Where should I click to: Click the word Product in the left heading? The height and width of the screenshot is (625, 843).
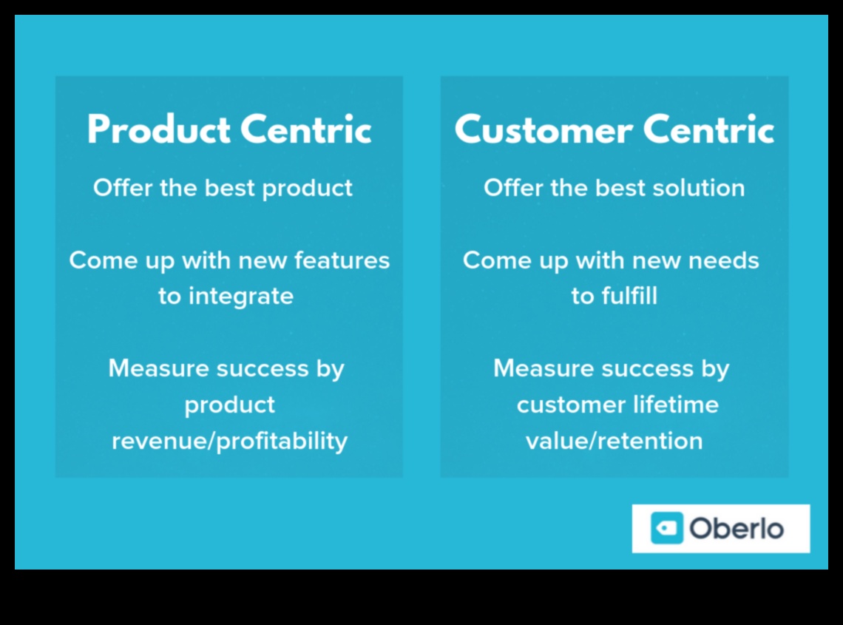click(x=158, y=129)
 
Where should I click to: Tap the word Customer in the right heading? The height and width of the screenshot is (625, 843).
click(x=544, y=129)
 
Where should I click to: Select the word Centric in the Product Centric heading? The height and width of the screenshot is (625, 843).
click(x=305, y=129)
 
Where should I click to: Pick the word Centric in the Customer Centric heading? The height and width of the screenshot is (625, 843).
click(x=708, y=129)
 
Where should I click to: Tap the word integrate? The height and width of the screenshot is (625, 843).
click(x=241, y=297)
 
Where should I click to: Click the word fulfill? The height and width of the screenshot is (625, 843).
click(x=629, y=296)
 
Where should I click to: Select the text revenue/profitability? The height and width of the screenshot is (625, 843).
click(x=229, y=441)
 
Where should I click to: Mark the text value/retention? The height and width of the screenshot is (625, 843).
click(x=614, y=441)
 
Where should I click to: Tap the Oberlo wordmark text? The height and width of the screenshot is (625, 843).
click(x=737, y=528)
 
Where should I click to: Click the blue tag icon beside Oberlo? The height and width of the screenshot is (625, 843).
click(x=667, y=528)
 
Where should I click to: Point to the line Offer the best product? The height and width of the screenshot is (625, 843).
click(x=223, y=189)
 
